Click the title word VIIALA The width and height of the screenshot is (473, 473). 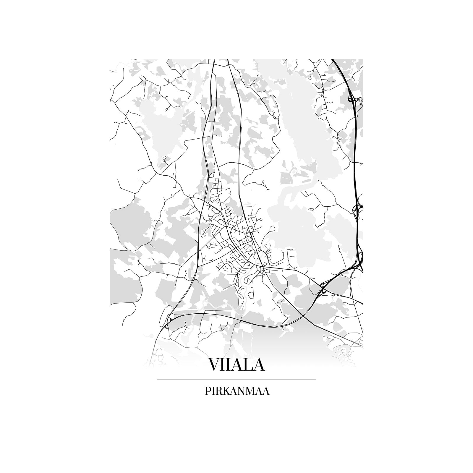pyautogui.click(x=237, y=364)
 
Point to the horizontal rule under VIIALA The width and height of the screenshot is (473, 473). pyautogui.click(x=237, y=380)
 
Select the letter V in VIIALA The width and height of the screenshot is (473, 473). pyautogui.click(x=215, y=364)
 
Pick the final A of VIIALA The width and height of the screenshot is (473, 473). pyautogui.click(x=258, y=364)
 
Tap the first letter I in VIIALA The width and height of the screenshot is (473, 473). pyautogui.click(x=225, y=364)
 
